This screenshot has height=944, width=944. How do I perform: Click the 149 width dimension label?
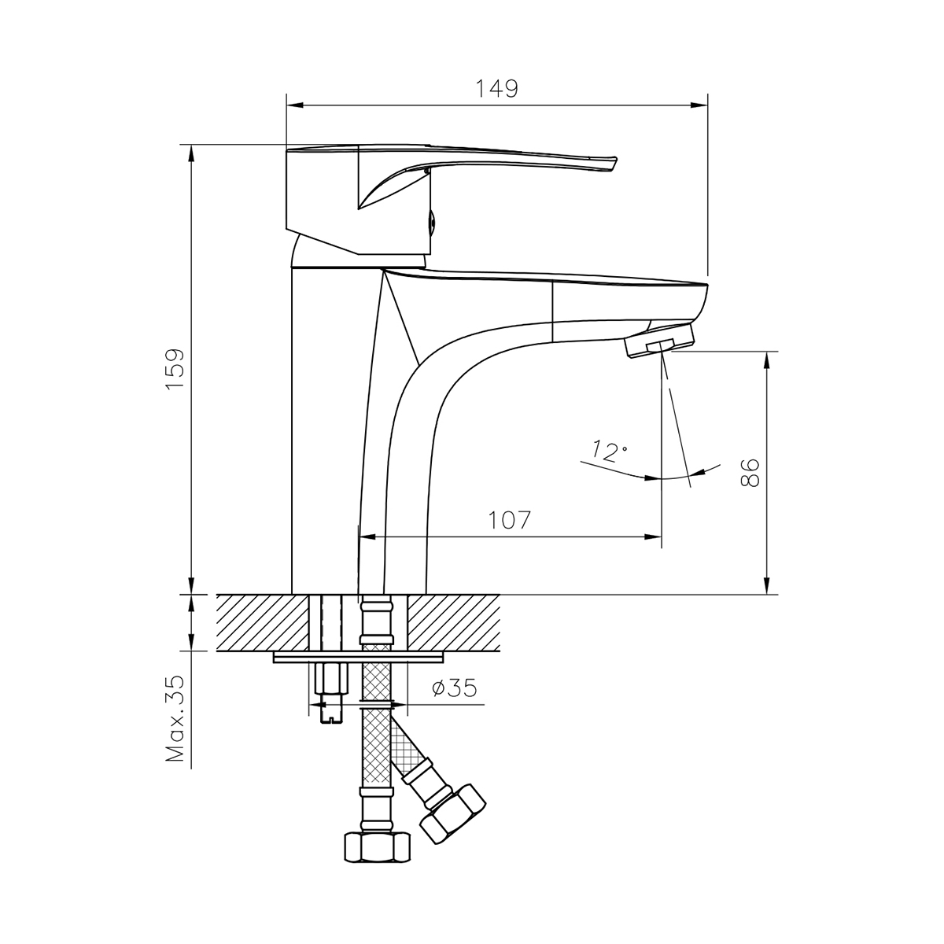pos(496,89)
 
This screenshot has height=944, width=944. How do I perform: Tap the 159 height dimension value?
pos(175,369)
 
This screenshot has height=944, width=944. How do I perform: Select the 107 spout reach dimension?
pos(510,520)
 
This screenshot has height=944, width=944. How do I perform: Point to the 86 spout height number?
pos(750,473)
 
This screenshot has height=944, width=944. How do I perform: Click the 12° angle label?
pos(609,451)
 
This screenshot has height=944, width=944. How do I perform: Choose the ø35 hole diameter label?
pos(454,688)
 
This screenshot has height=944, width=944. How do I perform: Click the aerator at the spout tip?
pos(660,341)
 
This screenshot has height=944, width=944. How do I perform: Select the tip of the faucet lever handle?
pos(614,164)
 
